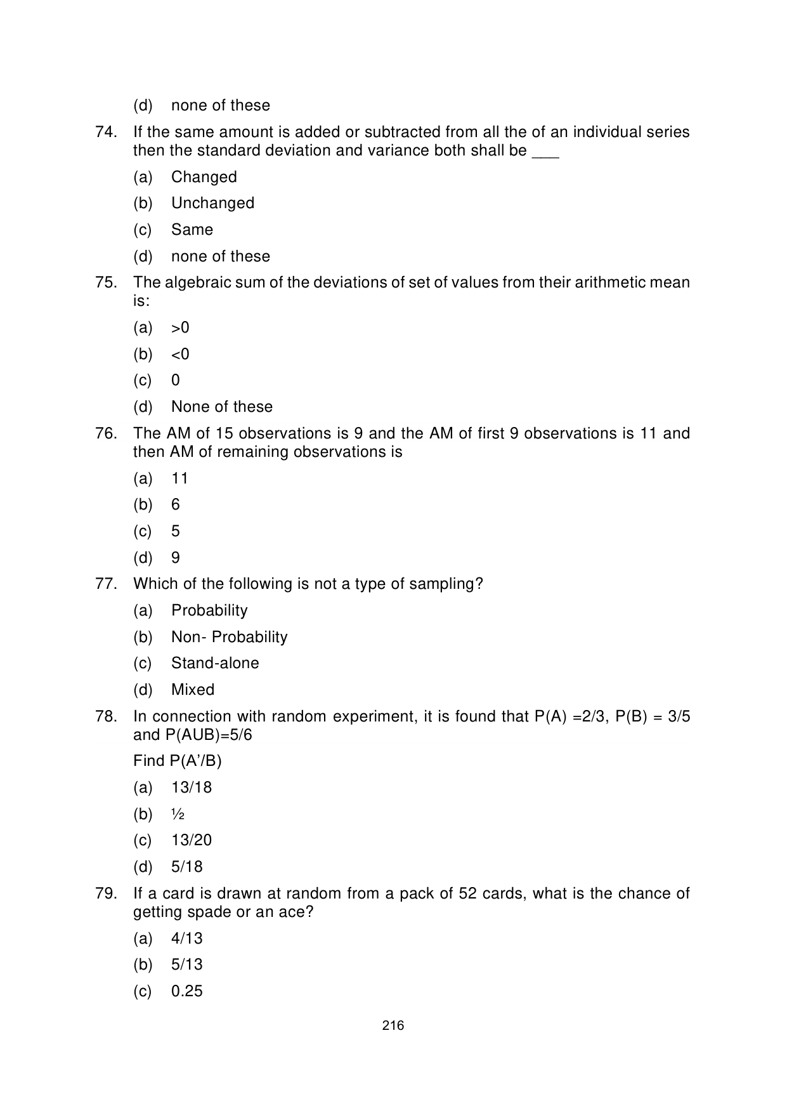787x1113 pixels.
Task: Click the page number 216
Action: pos(393,1025)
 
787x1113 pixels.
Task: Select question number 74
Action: pos(106,132)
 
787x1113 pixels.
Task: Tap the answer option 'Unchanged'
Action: pos(212,203)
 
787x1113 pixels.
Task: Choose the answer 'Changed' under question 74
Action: pos(204,177)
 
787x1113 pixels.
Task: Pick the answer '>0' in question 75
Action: pos(180,327)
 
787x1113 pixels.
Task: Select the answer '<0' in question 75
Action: pos(180,354)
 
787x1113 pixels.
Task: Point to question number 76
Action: pos(106,433)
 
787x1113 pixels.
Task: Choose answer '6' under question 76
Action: pos(176,504)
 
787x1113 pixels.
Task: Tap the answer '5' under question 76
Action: pos(176,531)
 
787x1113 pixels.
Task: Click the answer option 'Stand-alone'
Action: pos(215,663)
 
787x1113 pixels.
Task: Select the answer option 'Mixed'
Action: pos(193,690)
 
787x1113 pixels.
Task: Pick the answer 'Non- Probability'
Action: pos(229,637)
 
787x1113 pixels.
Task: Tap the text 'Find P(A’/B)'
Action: pos(178,760)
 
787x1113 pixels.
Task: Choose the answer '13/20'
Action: pos(192,840)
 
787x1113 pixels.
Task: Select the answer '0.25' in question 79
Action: pos(187,991)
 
